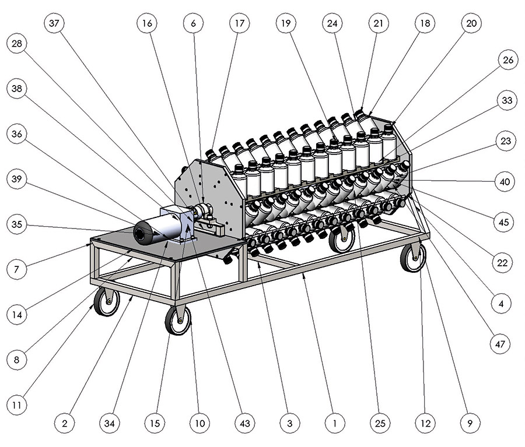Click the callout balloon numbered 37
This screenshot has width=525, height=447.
[x=54, y=23]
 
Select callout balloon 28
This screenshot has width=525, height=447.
[x=17, y=43]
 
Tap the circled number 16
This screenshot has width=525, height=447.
[x=147, y=23]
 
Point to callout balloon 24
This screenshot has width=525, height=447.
[x=332, y=23]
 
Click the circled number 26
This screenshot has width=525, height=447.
[x=508, y=60]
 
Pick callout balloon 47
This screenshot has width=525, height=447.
[x=500, y=344]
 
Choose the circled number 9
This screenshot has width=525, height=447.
[x=470, y=423]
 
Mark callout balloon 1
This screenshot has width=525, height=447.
[x=335, y=423]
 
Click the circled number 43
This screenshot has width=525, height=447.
[x=245, y=423]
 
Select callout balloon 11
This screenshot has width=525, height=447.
[x=17, y=405]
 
